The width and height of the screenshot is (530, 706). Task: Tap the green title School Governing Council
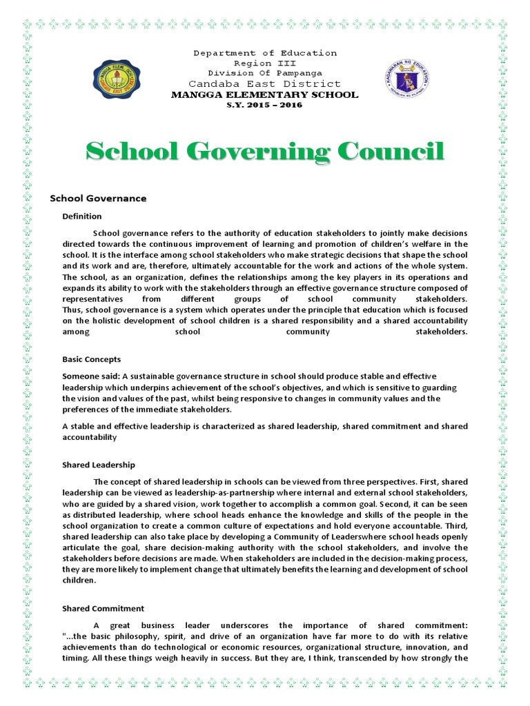pos(264,151)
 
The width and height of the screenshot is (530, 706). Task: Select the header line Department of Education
pos(265,53)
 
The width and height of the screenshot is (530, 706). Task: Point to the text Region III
pos(265,63)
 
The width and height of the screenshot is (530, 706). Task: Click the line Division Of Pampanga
pos(265,72)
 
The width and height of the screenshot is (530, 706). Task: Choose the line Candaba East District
pos(265,83)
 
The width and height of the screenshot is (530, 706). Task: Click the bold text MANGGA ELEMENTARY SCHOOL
pos(265,94)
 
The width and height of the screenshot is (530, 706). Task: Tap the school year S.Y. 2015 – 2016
pos(265,105)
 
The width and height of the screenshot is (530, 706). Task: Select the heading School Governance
pos(98,199)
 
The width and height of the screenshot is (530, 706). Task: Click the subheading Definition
pos(82,216)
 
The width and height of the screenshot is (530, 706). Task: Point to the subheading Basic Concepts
pos(91,359)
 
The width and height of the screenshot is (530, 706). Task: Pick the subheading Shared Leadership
pos(99,465)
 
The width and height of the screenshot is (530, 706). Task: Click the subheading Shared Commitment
pos(104,609)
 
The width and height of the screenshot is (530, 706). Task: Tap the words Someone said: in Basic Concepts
pos(87,376)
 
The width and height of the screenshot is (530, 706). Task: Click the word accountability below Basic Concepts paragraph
pos(90,437)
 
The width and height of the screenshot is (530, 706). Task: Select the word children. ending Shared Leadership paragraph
pos(80,581)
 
